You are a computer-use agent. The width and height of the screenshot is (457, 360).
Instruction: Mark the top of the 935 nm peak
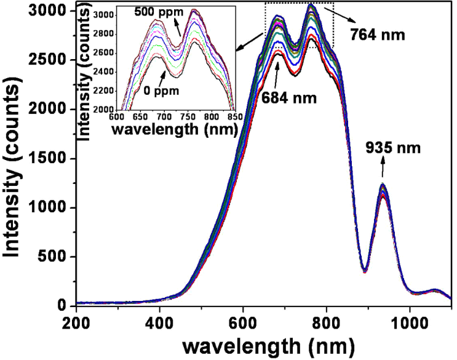383,185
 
